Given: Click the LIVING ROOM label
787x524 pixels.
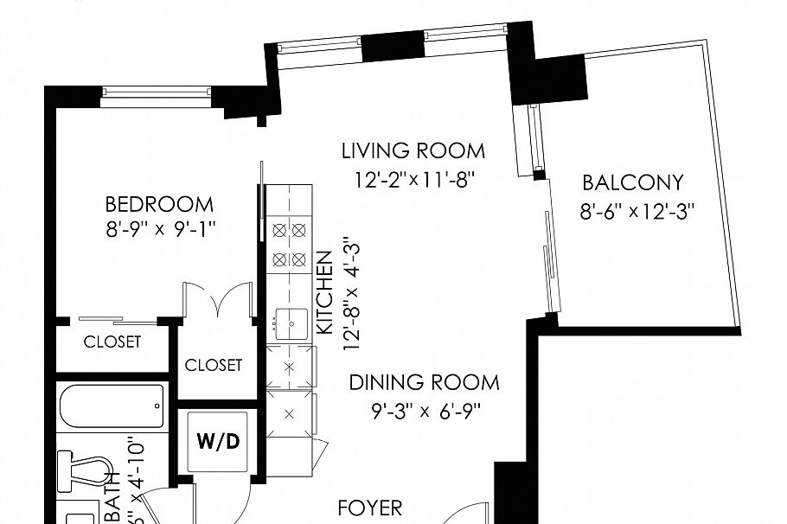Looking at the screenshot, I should [413, 151].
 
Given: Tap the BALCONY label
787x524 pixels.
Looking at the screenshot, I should [632, 183].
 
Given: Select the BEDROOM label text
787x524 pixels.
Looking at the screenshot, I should [159, 205].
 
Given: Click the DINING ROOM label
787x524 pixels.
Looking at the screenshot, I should [424, 382].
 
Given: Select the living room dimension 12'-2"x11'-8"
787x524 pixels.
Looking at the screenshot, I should [413, 181].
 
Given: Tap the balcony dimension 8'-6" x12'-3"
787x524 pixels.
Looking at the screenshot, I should [637, 211].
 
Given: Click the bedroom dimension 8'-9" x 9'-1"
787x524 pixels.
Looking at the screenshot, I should [159, 230].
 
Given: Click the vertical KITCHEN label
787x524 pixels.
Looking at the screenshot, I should [325, 293].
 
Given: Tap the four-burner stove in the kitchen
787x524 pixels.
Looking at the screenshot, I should [289, 245].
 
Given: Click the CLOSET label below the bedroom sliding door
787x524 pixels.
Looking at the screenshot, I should [112, 342].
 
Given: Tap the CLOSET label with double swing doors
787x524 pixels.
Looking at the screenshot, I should [214, 365].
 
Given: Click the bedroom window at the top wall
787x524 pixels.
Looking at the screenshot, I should [155, 92].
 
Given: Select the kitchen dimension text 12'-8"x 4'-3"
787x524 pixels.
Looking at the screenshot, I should [350, 294].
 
